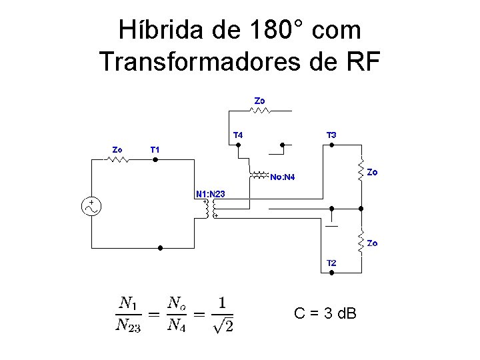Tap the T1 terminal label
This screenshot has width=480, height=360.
(155, 149)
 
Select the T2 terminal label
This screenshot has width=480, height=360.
(331, 263)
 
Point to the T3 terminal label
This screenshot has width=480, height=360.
(331, 135)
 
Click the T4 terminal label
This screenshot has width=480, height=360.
(237, 135)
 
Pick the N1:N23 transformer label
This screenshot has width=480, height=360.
(211, 194)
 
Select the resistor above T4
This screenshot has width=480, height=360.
(260, 111)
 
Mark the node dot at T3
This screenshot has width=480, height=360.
(331, 144)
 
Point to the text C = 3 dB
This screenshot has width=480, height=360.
(325, 312)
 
